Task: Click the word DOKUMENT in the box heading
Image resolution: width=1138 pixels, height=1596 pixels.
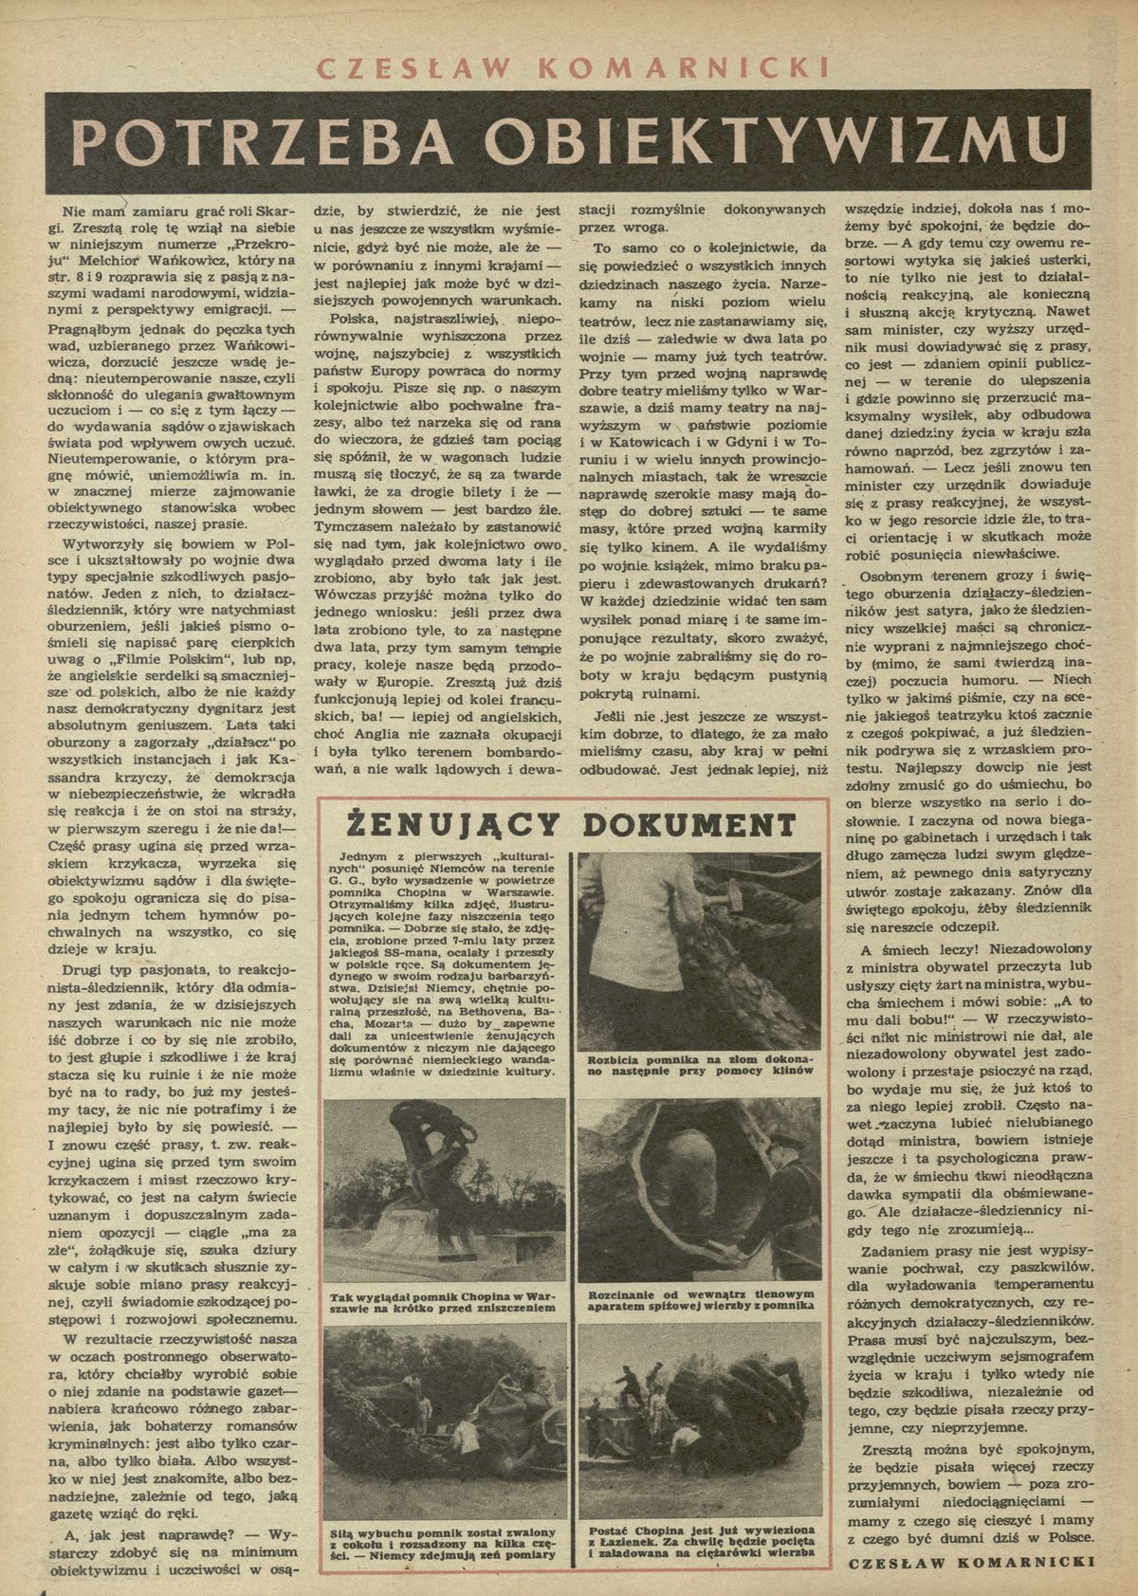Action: coord(700,822)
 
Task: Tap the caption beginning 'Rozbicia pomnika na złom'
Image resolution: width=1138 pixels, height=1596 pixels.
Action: coord(695,1064)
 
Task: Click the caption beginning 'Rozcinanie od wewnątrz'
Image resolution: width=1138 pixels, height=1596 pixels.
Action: coord(695,1299)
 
